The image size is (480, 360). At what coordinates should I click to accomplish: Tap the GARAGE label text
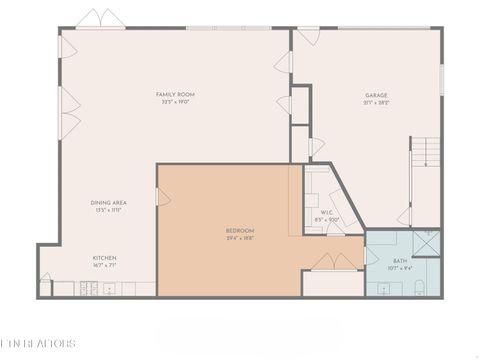click(x=376, y=94)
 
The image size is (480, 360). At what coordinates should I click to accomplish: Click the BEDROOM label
click(x=240, y=230)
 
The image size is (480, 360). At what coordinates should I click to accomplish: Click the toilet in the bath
click(x=420, y=289)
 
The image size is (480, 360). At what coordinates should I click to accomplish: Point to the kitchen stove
click(x=89, y=290)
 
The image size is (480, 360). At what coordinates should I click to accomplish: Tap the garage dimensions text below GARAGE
click(x=376, y=102)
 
